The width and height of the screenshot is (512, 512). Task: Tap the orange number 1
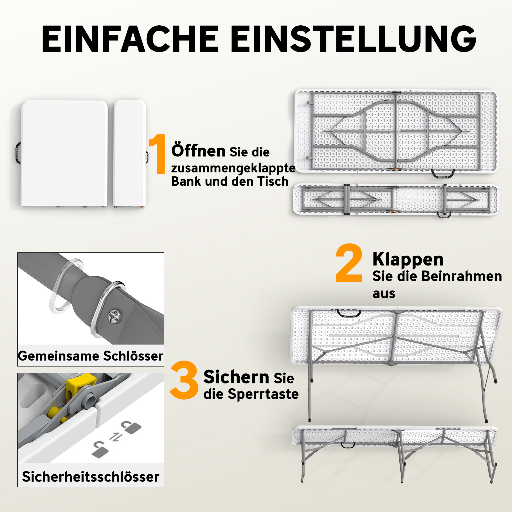coord(158,154)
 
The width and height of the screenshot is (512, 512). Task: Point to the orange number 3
coord(184,380)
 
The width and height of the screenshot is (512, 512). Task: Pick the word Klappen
coord(408,260)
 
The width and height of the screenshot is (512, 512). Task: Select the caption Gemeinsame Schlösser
coord(91,356)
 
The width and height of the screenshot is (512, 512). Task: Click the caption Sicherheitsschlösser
coord(91,477)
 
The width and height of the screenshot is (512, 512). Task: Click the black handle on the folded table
coord(17,153)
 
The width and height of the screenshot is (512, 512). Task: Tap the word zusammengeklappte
coord(233,168)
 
